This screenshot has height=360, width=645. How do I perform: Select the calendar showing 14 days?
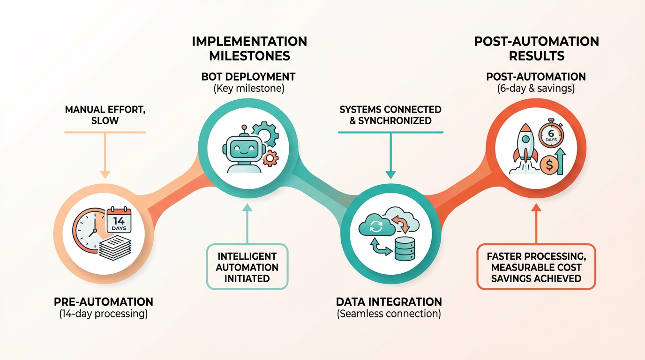pos(119,220)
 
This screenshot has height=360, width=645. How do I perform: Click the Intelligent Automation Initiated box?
pos(247,267)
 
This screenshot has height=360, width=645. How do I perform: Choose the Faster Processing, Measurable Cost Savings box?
pos(536,267)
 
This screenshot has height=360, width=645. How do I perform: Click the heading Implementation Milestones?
pos(249,48)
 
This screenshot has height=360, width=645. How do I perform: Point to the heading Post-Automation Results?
pos(536,48)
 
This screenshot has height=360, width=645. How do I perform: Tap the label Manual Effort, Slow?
pos(105,115)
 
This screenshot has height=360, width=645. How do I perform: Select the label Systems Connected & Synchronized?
pos(390,115)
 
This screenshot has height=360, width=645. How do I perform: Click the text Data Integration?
pos(389,301)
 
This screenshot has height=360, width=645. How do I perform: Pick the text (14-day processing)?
pos(104,314)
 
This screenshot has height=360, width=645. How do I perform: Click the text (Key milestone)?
pos(248,88)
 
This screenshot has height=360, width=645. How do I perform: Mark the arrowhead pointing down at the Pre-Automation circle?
pos(105,175)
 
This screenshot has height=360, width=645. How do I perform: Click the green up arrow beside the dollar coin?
pos(560,160)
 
